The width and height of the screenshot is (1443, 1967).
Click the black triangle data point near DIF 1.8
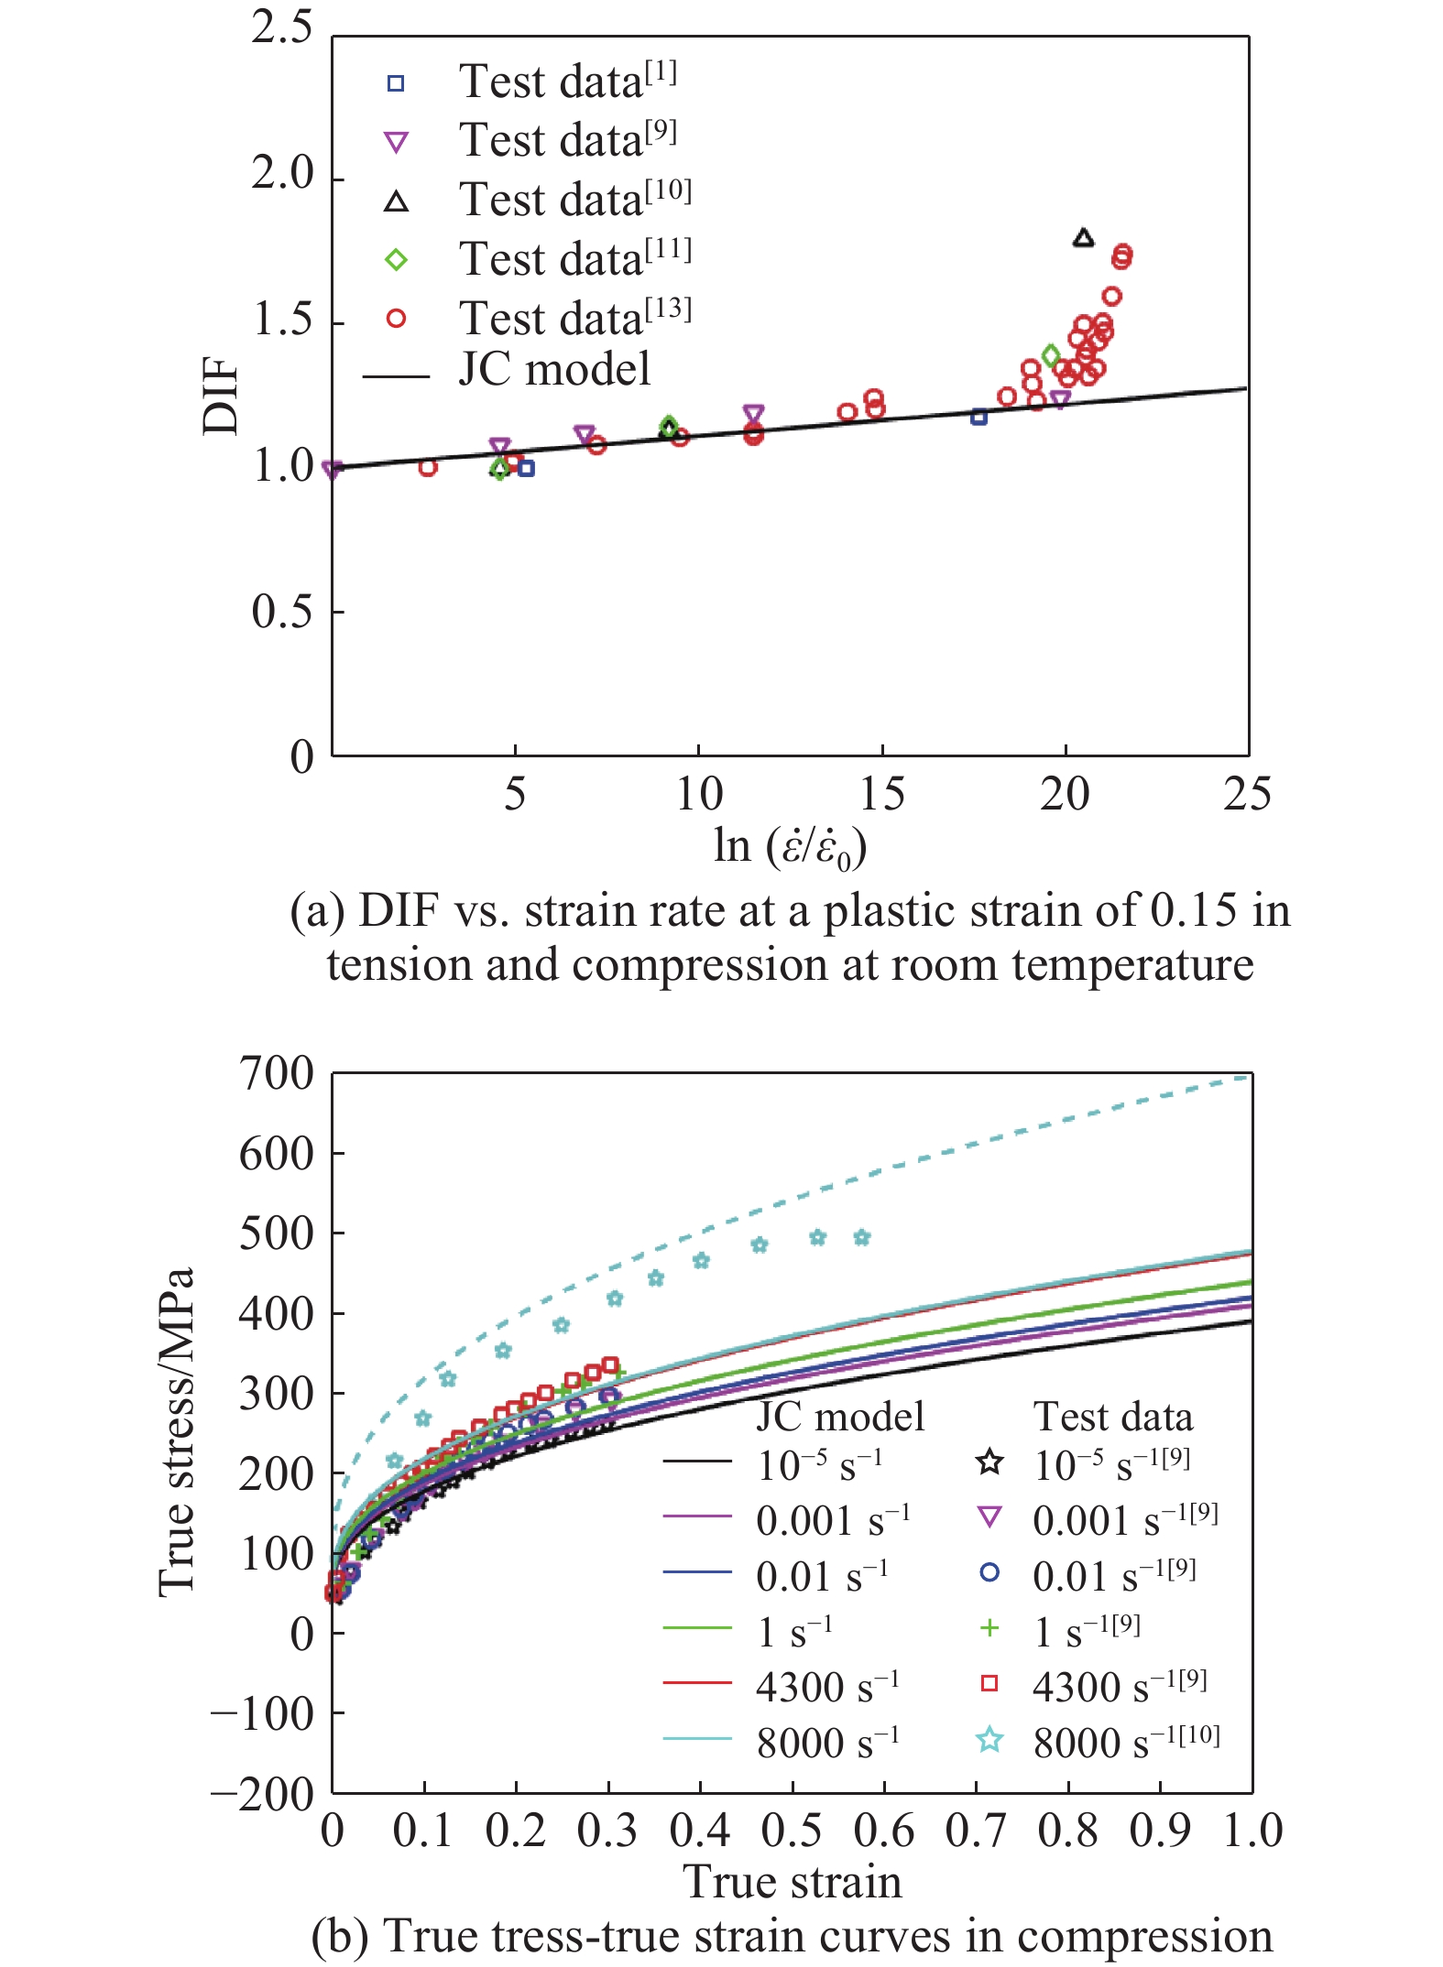1083,238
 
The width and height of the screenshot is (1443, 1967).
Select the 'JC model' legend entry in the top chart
553,370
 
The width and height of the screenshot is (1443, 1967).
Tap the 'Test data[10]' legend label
574,200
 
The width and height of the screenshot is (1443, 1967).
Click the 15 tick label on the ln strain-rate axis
881,794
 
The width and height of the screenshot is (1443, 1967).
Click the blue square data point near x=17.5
978,418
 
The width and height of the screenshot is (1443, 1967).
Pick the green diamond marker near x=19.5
1051,355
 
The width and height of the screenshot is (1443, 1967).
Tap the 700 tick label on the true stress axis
276,1074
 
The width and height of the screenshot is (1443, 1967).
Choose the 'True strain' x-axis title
793,1883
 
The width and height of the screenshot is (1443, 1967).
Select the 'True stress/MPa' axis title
177,1432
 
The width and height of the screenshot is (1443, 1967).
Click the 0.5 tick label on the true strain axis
792,1831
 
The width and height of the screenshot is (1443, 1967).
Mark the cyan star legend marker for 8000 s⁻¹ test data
989,1740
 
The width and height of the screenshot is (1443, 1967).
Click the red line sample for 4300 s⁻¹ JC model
697,1683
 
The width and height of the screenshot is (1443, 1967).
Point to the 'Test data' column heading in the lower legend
1113,1417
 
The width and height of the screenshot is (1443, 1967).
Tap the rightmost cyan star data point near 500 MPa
861,1238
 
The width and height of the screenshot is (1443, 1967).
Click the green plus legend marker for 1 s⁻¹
989,1627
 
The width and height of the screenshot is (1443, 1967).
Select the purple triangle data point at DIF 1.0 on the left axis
333,470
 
